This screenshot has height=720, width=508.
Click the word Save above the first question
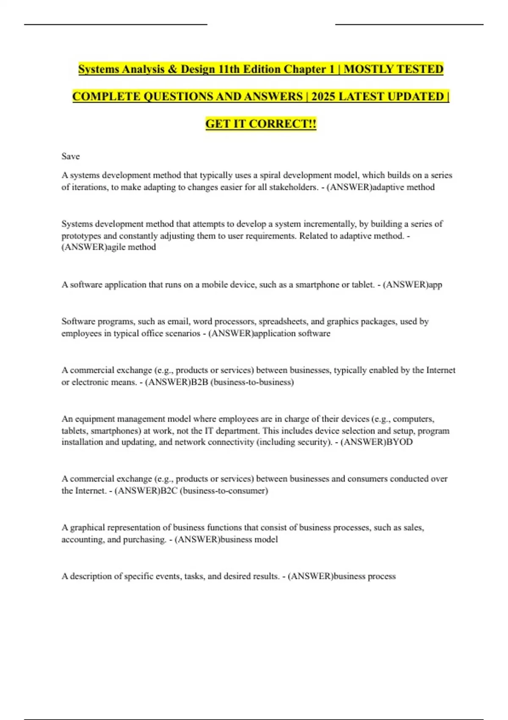click(x=70, y=156)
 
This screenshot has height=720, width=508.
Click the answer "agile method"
click(x=131, y=247)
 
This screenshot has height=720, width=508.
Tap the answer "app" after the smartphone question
click(x=435, y=285)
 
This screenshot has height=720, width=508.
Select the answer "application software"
click(x=292, y=333)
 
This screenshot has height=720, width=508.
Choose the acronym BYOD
click(x=398, y=442)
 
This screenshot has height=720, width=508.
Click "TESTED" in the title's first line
click(x=419, y=69)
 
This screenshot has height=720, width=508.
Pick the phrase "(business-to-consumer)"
click(x=224, y=491)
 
